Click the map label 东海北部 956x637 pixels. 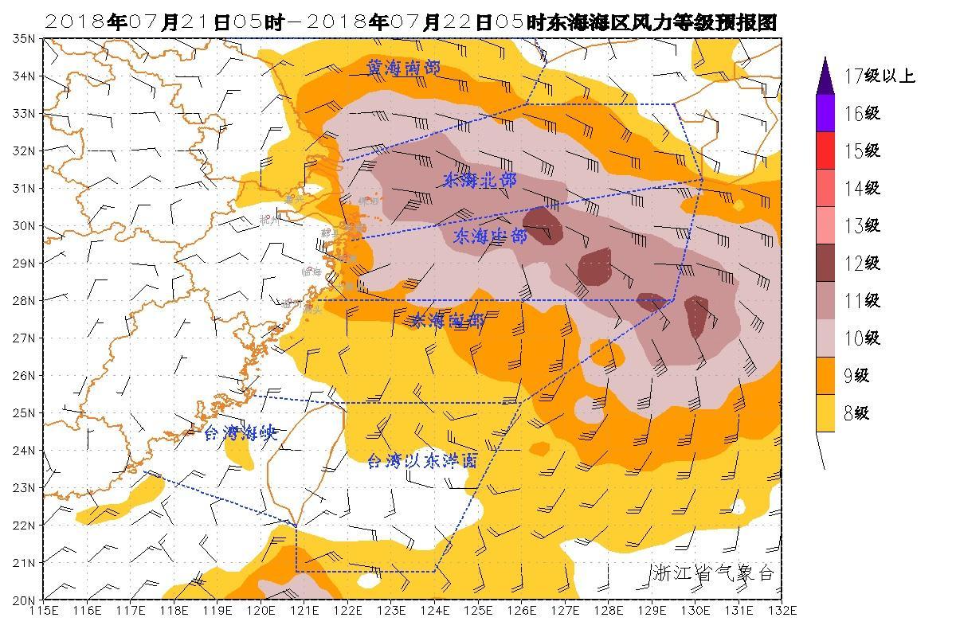click(x=480, y=181)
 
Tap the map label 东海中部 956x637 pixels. click(x=490, y=236)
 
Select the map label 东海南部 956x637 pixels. click(x=447, y=321)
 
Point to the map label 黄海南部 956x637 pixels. click(x=403, y=68)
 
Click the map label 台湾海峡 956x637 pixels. click(x=239, y=434)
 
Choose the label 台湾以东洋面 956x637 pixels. click(x=422, y=460)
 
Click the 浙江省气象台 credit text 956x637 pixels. click(x=712, y=573)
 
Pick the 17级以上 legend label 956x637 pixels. click(x=879, y=76)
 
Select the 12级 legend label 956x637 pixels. click(x=861, y=264)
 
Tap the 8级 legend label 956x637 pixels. click(x=856, y=413)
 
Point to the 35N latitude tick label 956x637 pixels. click(x=24, y=38)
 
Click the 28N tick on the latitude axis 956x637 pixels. click(x=24, y=300)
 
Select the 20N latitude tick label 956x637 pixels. click(x=24, y=600)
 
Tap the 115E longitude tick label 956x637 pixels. click(x=43, y=611)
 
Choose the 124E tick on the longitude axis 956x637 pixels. click(x=434, y=611)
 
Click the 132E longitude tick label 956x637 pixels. click(x=782, y=611)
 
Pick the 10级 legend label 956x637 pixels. click(x=861, y=338)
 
